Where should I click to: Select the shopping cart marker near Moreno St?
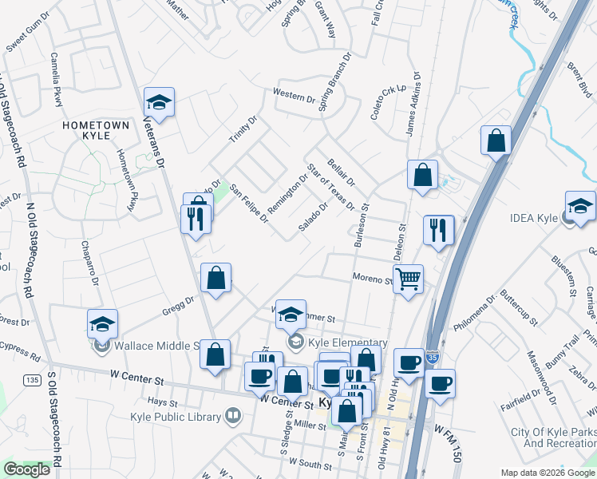coord(408,279)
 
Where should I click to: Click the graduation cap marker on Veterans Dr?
coord(159,101)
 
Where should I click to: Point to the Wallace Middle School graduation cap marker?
coord(102,323)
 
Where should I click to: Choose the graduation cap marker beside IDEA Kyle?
coord(580,205)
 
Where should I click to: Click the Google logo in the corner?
coord(26,469)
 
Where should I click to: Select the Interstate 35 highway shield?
coord(432,354)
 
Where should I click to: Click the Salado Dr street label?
coord(313,217)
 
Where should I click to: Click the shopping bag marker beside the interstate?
coord(496,141)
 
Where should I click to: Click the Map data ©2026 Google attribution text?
coord(548,472)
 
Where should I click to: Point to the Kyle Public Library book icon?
coord(232,415)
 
